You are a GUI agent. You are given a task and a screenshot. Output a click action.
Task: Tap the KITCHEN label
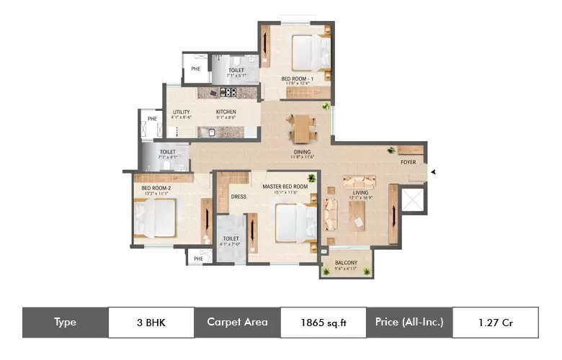pos(226,112)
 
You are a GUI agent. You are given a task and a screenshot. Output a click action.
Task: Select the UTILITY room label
pos(181,112)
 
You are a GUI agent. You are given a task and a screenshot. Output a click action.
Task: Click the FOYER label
pos(409,162)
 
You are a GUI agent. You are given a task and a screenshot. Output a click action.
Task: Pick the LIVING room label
pos(360,192)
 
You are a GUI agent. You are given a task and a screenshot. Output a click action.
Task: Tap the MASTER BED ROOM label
pos(285,186)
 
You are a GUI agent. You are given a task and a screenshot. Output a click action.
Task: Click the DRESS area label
pos(238,197)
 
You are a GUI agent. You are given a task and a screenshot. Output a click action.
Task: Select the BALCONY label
pos(347,263)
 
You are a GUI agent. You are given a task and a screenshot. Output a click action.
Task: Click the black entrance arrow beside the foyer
pos(433,171)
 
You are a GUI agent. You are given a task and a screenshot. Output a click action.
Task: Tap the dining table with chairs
pos(300,128)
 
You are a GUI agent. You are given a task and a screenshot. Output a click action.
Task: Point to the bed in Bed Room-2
pos(155,217)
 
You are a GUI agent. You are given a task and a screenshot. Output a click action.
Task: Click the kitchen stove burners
pos(228,92)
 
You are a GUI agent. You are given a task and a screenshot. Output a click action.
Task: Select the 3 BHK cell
pos(151,323)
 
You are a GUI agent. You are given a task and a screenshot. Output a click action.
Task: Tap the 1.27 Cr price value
pos(495,323)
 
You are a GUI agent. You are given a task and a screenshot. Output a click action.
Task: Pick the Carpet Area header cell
pos(237,323)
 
